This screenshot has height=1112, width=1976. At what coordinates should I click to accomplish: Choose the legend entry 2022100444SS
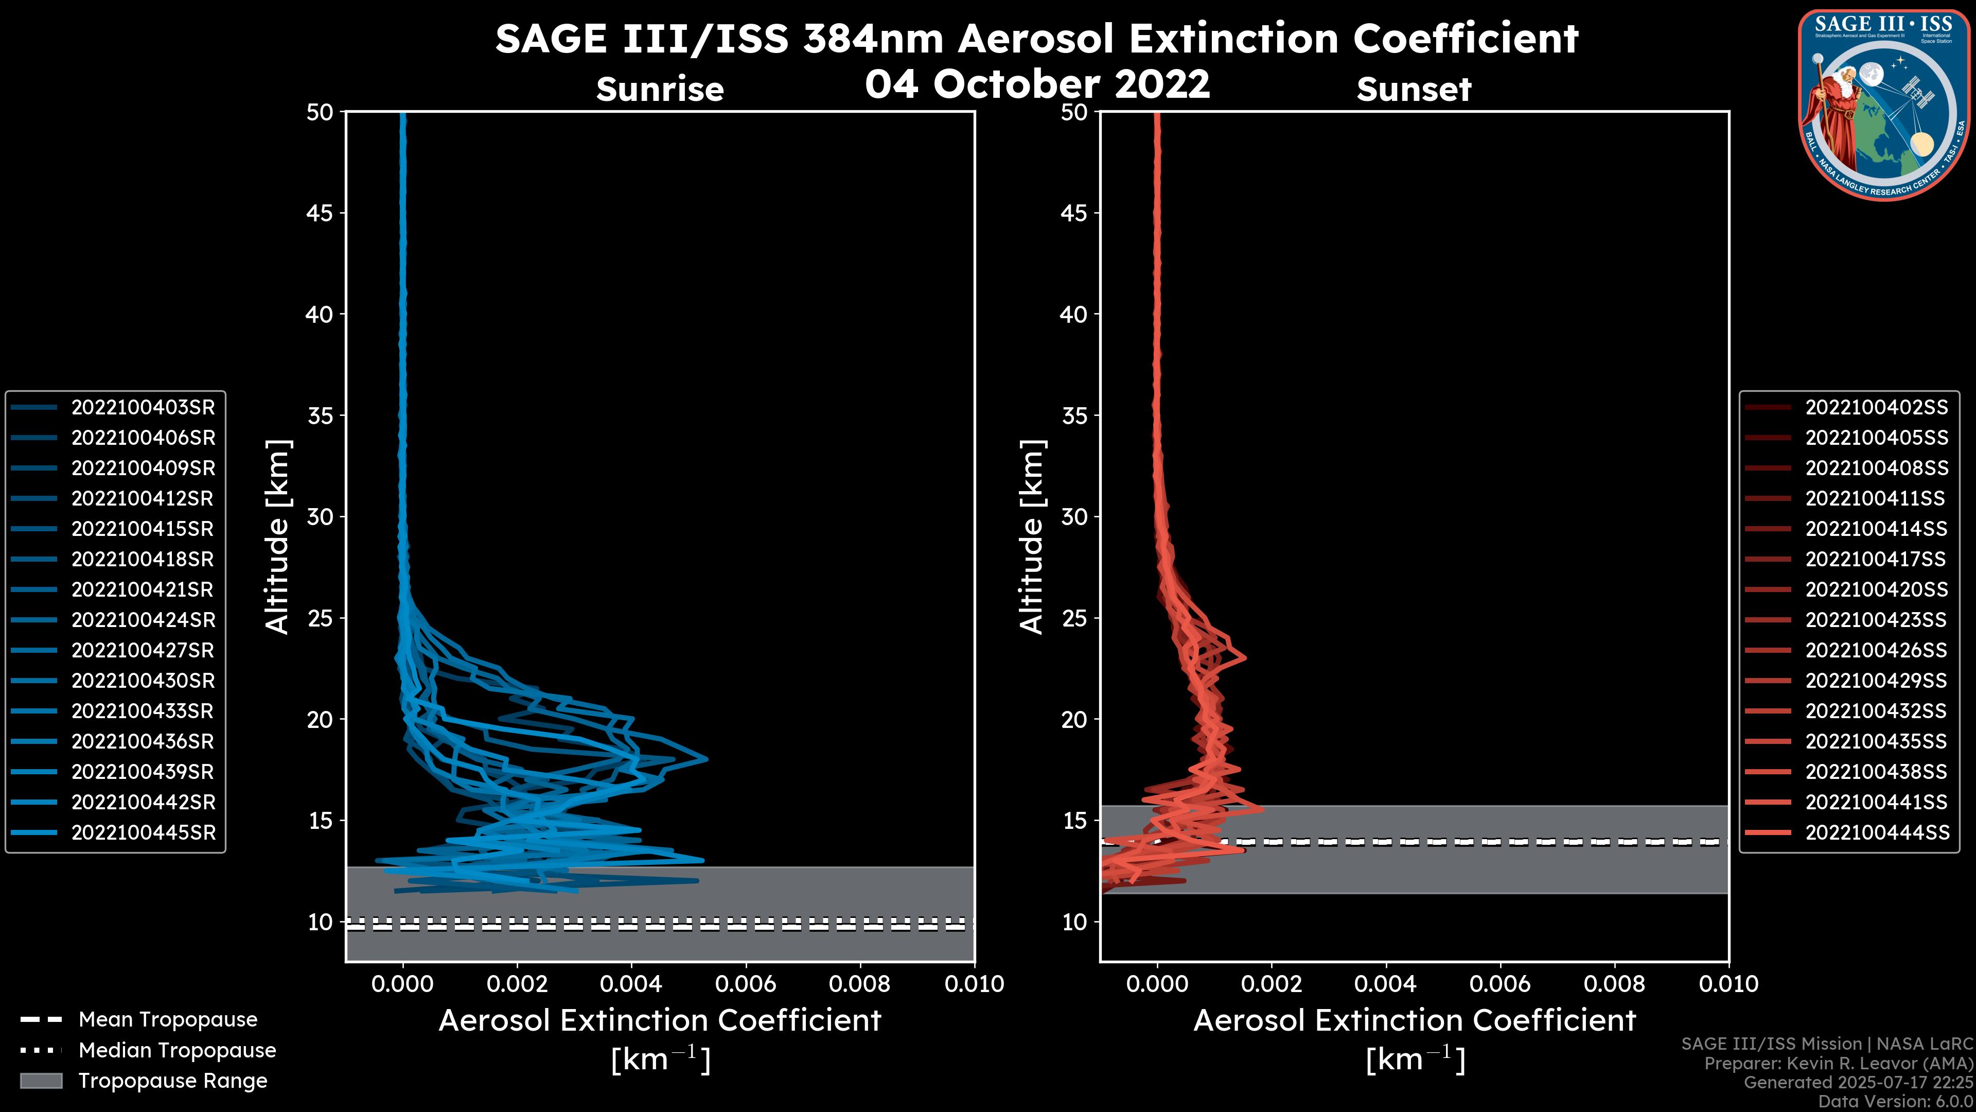point(1876,832)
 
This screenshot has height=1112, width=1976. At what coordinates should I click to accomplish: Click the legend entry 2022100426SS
point(1876,650)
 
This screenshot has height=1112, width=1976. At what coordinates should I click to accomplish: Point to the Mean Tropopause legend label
point(168,1019)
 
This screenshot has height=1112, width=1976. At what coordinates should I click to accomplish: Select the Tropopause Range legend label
point(172,1081)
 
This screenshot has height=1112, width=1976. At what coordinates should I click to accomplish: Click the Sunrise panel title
point(660,89)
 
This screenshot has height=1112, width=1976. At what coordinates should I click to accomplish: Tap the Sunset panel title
point(1414,89)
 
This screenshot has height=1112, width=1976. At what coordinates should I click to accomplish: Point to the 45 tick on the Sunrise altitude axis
point(320,213)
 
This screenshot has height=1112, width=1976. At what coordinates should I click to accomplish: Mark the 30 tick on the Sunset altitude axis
point(1074,516)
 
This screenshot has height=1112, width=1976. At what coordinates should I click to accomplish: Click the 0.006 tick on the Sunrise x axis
point(746,984)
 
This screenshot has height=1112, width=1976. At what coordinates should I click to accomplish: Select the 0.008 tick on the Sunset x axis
point(1615,984)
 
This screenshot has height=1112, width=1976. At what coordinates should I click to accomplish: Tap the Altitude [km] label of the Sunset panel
point(1032,536)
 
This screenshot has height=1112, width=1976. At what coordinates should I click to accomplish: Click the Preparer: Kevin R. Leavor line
point(1838,1063)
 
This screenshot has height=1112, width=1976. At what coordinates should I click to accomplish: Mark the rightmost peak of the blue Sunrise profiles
point(707,759)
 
